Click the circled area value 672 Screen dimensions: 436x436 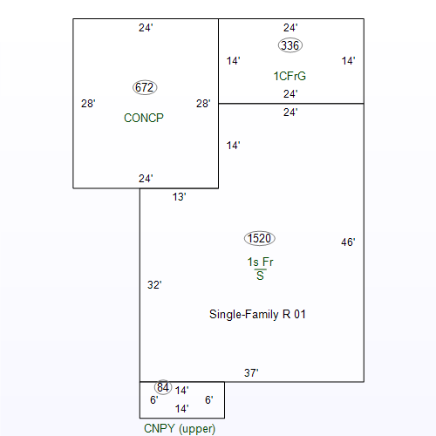click(x=145, y=87)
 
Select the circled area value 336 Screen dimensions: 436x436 click(x=290, y=45)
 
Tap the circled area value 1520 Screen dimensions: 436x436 click(x=260, y=238)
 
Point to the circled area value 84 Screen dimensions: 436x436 click(x=163, y=387)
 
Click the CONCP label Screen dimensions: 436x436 click(x=144, y=118)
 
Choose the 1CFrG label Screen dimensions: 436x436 click(x=290, y=76)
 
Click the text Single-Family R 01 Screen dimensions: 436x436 click(x=257, y=315)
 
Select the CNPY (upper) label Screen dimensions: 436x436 click(x=180, y=429)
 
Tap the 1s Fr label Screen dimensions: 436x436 click(x=260, y=262)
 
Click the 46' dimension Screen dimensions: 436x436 click(x=348, y=242)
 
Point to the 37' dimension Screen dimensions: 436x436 click(x=251, y=373)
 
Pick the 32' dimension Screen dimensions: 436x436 click(x=154, y=285)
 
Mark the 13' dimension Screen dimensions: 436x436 click(x=179, y=197)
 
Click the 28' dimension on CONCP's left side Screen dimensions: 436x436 click(x=88, y=104)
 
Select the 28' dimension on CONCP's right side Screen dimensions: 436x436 click(x=203, y=104)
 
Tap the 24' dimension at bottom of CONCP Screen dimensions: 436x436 click(x=146, y=179)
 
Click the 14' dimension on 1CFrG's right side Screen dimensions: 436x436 click(x=348, y=61)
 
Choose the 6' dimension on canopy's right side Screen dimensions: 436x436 click(x=208, y=400)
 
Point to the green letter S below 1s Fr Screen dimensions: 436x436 click(x=260, y=276)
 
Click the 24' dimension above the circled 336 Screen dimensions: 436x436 click(x=290, y=28)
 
